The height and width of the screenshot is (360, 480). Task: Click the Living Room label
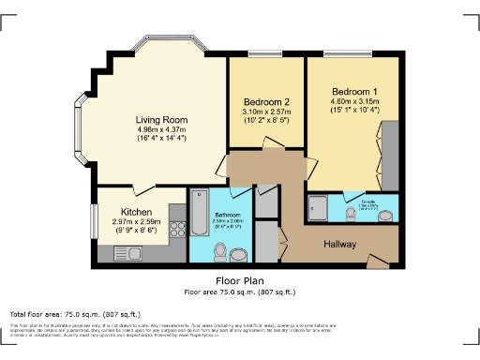pos(161,120)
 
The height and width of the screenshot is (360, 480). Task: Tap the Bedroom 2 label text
pos(266,101)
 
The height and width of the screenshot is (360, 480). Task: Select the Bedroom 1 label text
pos(354,92)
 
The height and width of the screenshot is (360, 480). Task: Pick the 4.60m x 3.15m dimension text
pos(354,102)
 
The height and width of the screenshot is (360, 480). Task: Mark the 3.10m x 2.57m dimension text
pos(266,112)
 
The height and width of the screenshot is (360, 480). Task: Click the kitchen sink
pos(124,253)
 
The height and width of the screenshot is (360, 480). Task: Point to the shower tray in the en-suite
pos(318,207)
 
